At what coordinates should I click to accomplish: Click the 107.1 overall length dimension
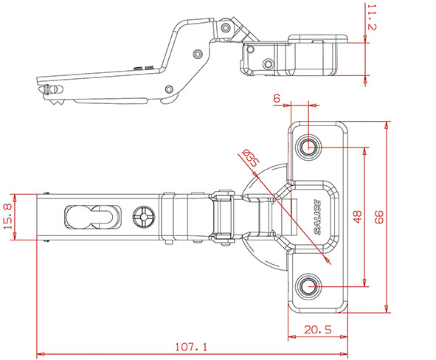[x=191, y=347]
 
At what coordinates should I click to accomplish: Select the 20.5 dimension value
[x=318, y=330]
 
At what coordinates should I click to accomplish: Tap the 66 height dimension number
[x=378, y=217]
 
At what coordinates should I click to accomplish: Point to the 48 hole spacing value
[x=358, y=217]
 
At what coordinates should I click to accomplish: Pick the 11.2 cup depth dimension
[x=372, y=17]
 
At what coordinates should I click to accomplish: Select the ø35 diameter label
[x=251, y=158]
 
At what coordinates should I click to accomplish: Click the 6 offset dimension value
[x=277, y=98]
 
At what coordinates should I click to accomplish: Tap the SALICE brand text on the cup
[x=317, y=217]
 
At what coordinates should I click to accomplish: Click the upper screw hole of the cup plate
[x=308, y=147]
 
